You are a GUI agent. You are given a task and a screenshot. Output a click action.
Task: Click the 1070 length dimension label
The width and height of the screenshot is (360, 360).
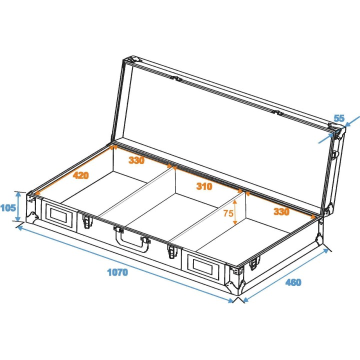117,272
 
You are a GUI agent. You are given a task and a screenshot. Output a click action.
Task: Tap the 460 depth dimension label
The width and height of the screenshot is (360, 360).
293,282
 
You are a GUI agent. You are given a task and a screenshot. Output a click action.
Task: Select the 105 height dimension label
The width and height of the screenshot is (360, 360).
8,207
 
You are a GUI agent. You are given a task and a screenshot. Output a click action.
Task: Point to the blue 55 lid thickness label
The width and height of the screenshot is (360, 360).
339,118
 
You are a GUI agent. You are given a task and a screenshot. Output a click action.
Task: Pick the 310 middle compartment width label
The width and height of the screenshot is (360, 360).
204,186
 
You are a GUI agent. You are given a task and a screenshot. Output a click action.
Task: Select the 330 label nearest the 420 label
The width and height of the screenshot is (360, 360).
136,160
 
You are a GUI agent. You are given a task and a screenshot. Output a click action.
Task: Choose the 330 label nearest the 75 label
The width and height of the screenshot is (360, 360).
281,212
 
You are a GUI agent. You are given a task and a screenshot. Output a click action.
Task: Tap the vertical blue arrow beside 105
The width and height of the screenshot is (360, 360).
19,206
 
